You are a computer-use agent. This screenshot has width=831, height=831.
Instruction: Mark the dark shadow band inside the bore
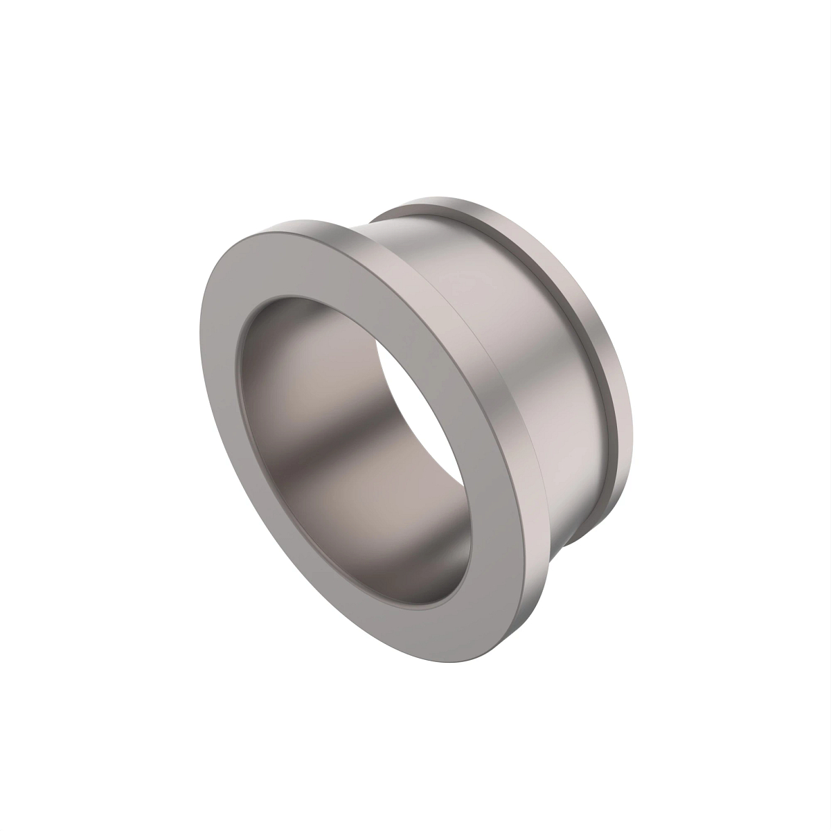pyautogui.click(x=325, y=443)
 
